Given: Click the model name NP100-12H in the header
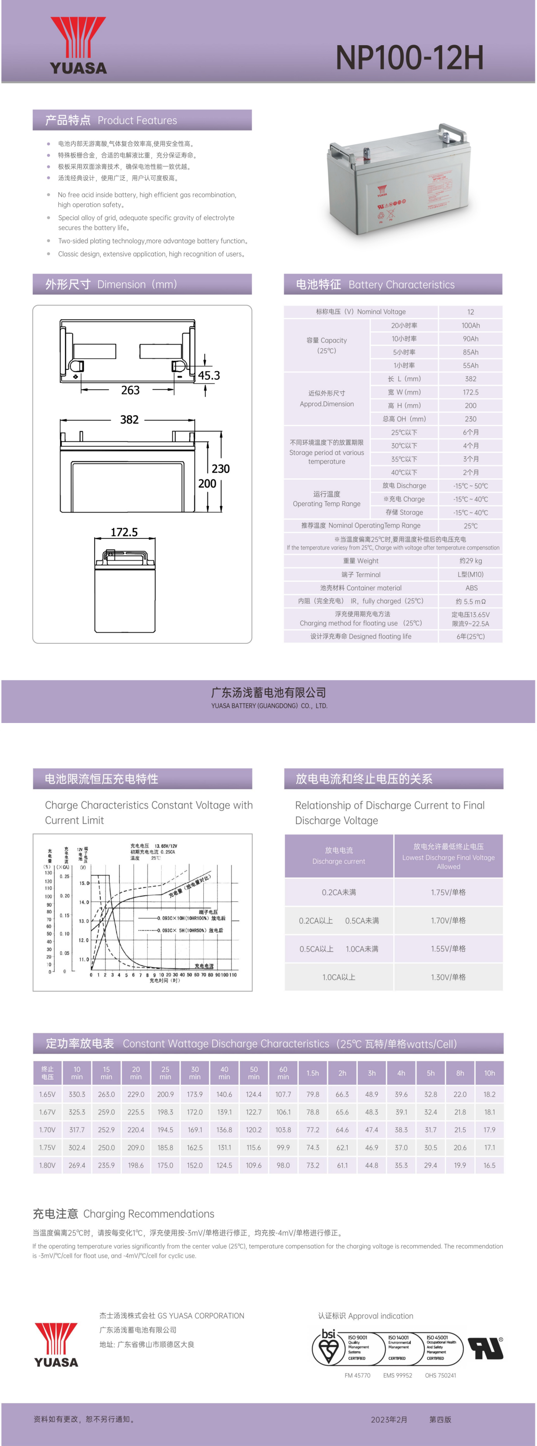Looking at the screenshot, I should click(409, 57).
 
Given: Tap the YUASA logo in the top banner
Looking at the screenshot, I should click(78, 46).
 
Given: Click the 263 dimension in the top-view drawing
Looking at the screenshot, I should click(130, 390).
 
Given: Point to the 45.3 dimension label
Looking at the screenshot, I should click(209, 376).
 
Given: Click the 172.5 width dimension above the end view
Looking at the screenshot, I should click(124, 532).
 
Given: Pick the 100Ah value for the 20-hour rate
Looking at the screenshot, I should click(470, 326).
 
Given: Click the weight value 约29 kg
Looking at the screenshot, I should click(470, 561).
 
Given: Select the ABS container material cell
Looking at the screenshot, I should click(471, 588).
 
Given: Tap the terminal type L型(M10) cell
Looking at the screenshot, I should click(470, 574).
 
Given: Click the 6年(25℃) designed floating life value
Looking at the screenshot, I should click(470, 637).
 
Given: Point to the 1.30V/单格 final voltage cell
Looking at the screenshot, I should click(448, 977).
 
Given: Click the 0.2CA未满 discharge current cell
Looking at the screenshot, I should click(339, 892).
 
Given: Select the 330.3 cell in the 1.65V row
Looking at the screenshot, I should click(77, 1094).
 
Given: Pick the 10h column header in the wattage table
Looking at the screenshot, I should click(489, 1073).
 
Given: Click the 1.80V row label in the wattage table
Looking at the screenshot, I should click(47, 1165).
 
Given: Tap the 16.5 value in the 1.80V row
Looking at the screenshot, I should click(489, 1165).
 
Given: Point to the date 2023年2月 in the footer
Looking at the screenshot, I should click(389, 1420).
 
